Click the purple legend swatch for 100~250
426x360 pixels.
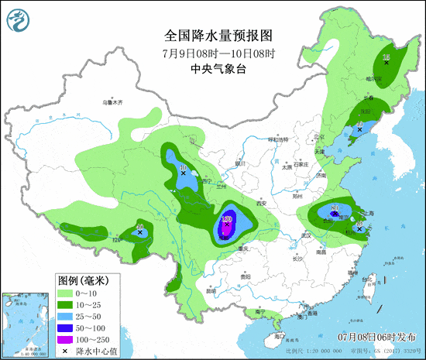[x=67, y=340]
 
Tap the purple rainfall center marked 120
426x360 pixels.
[x=227, y=221]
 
